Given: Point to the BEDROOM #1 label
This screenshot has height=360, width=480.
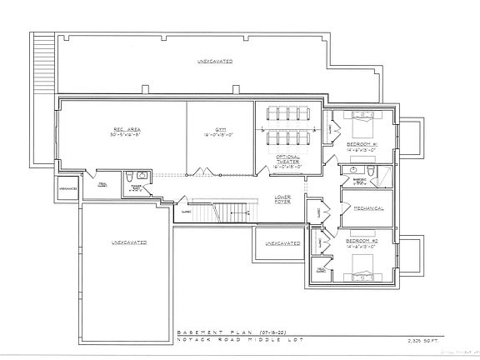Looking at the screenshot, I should coord(363,145).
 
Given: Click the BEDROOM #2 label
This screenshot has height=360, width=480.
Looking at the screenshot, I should coord(363,241).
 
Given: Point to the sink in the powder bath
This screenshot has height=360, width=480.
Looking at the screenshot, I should coord(142,176).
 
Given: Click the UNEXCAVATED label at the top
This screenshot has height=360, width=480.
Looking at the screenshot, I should coord(214,62).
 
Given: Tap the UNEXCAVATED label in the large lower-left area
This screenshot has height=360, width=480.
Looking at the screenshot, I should coord(128,242).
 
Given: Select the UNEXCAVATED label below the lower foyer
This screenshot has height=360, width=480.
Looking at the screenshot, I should coord(282,242).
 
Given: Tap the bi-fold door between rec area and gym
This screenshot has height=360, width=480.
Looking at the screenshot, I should coord(201,172).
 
